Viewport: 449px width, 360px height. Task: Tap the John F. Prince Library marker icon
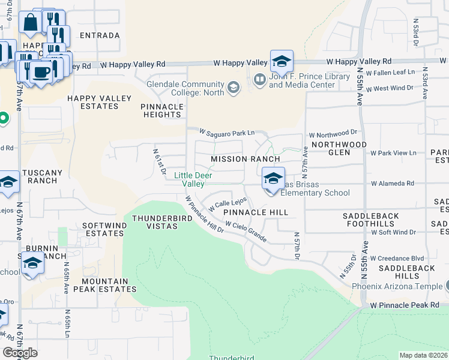coord(260,79)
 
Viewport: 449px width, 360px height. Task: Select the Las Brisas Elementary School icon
coord(273,179)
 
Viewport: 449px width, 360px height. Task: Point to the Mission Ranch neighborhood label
coord(246,159)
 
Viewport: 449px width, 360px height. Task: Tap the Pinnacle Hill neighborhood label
coord(256,212)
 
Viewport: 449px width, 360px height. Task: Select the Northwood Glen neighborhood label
coord(339,148)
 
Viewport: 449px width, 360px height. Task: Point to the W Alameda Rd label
coord(393,184)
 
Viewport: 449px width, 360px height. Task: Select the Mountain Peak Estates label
coord(105,285)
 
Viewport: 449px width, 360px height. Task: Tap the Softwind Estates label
coord(103,229)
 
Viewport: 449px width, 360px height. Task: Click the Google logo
coord(20,353)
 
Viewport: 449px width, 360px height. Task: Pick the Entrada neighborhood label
coord(100,35)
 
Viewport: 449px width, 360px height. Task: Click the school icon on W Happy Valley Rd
coord(282,61)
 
